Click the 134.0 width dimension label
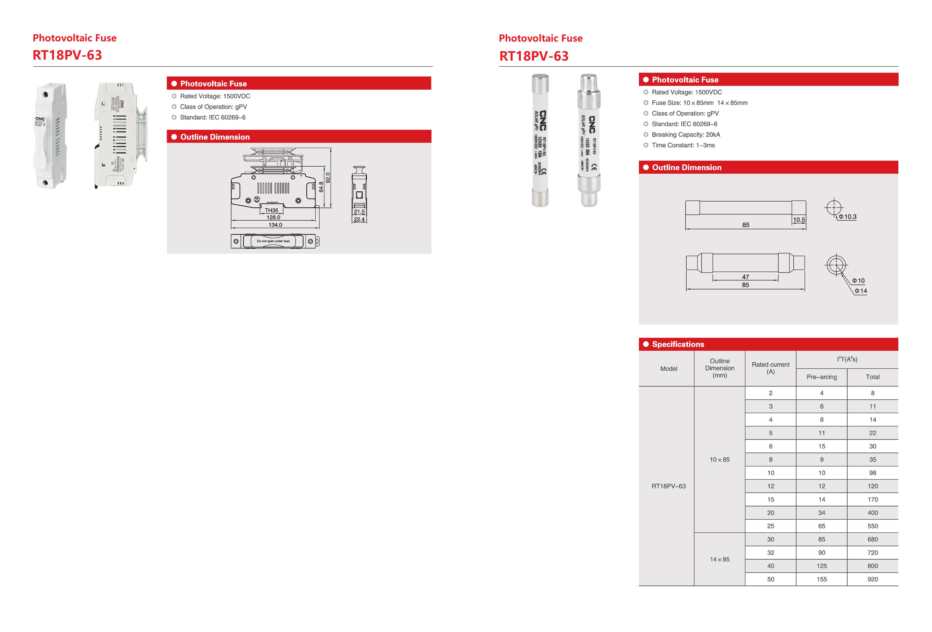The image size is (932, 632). [x=275, y=225]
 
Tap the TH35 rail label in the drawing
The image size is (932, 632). [x=271, y=210]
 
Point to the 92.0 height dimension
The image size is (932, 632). [x=328, y=178]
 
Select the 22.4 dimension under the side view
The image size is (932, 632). [x=359, y=219]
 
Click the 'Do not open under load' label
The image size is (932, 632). [x=273, y=241]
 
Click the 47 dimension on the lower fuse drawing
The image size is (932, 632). [x=745, y=277]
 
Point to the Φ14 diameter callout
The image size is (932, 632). [x=861, y=291]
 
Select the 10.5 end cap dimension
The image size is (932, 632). [x=799, y=220]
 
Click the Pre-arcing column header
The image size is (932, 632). [x=822, y=377]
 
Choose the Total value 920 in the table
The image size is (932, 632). [x=873, y=579]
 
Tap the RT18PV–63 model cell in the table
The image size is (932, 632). [x=668, y=486]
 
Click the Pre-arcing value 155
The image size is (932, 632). [x=822, y=579]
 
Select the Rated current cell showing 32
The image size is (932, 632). [x=771, y=553]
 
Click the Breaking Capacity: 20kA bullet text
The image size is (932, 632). [x=686, y=135]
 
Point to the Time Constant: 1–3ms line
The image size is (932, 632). [x=683, y=145]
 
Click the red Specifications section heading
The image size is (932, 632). [x=678, y=344]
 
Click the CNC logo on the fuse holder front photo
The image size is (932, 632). [x=40, y=119]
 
